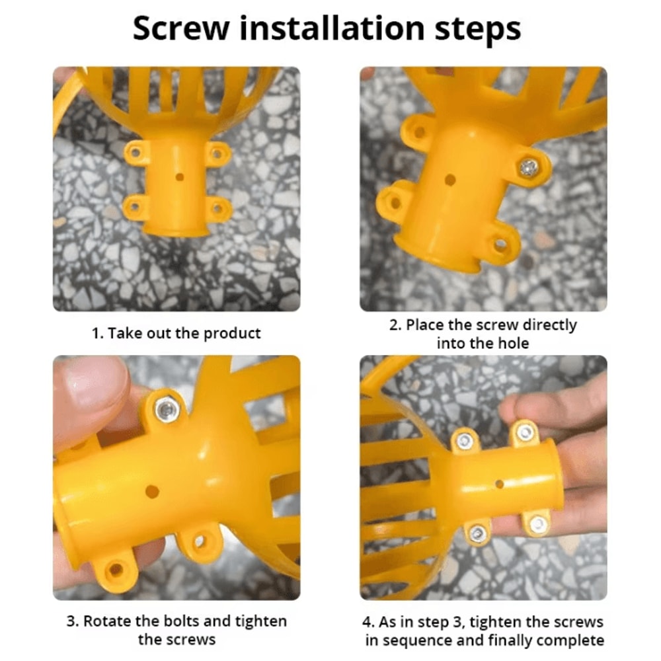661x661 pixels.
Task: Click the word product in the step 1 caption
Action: pyautogui.click(x=232, y=333)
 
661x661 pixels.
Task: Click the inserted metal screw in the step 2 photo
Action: pyautogui.click(x=529, y=167)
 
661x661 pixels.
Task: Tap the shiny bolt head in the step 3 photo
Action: pyautogui.click(x=167, y=409)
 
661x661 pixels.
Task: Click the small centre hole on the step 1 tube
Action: pyautogui.click(x=180, y=176)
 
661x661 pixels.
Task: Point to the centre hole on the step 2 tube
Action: pyautogui.click(x=450, y=180)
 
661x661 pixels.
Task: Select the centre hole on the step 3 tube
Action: pyautogui.click(x=152, y=492)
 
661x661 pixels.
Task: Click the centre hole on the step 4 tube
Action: pyautogui.click(x=500, y=484)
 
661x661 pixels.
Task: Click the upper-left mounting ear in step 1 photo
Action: pyautogui.click(x=136, y=153)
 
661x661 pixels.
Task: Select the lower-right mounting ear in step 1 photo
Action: pyautogui.click(x=218, y=208)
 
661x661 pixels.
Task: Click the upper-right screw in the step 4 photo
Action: pyautogui.click(x=525, y=432)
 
